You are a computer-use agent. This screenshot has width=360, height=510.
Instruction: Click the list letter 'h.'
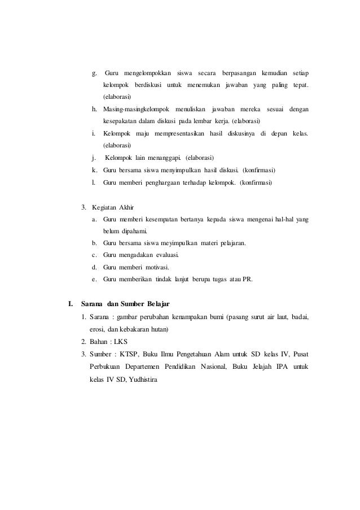95,108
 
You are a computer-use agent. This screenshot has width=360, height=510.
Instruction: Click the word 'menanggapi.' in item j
164,157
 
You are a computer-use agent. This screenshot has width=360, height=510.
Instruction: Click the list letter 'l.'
94,182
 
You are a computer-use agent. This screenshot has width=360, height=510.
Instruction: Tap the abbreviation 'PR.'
247,279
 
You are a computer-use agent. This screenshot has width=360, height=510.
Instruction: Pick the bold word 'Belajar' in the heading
160,304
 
